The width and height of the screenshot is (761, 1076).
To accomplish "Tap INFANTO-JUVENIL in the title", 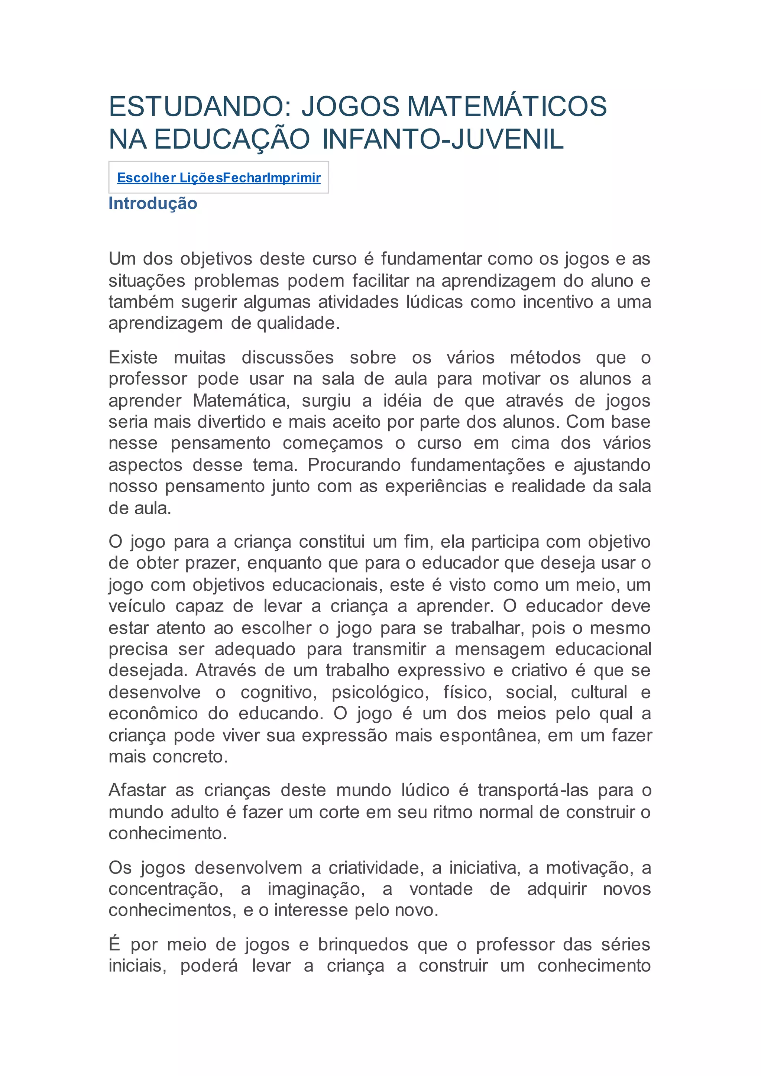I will (443, 139).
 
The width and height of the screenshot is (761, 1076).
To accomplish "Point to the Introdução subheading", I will (153, 203).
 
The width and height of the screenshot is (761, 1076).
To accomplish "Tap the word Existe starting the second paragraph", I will (133, 357).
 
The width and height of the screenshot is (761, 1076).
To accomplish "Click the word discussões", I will (287, 357).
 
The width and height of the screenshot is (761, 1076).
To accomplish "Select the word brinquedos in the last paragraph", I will (363, 944).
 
